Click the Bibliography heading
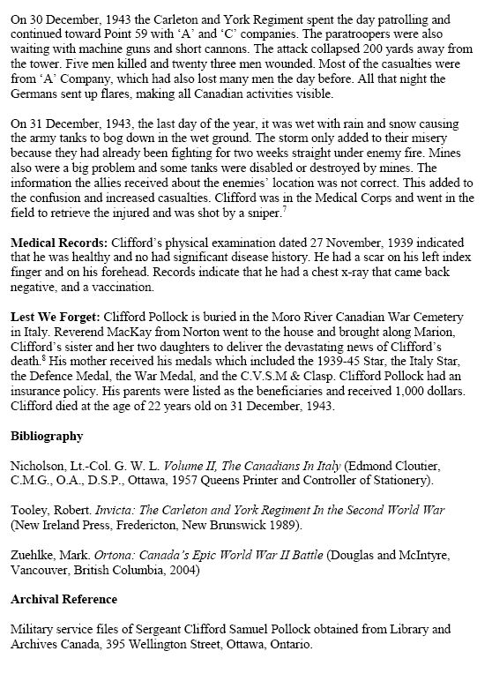coord(48,436)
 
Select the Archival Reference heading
coord(63,599)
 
